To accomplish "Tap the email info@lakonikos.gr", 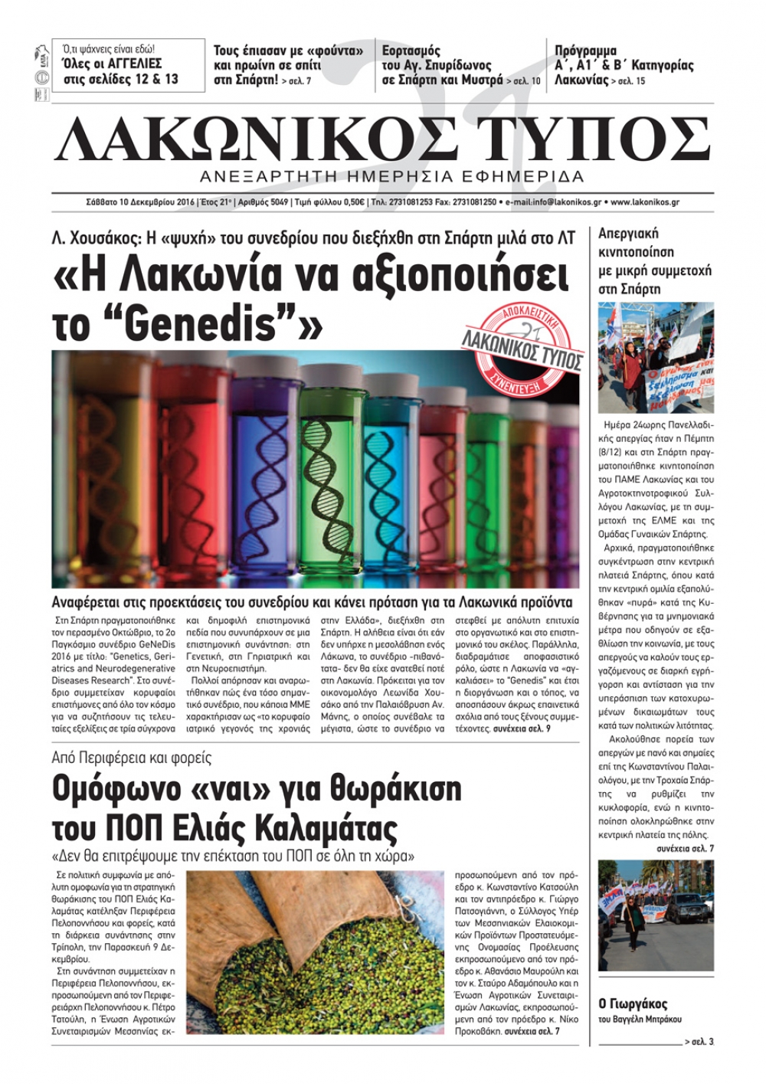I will pos(550,202).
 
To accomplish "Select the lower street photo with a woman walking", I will pos(655,915).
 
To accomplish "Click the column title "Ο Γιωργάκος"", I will pos(632,1004).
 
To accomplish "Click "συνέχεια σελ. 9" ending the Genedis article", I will pos(521,729).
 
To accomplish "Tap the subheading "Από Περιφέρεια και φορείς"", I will pos(131,758).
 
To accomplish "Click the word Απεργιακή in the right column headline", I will pos(628,233).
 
